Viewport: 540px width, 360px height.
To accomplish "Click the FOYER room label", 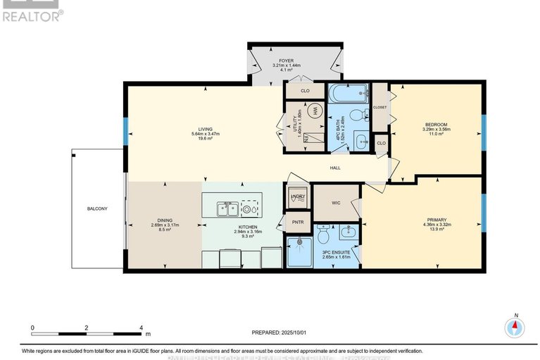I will (x=287, y=61).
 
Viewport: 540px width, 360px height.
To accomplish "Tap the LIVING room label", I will (x=205, y=129).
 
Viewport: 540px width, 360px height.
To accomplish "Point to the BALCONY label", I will (x=97, y=209).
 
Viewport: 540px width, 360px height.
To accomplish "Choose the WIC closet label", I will (x=336, y=203).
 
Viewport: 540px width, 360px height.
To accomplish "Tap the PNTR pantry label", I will (x=297, y=223).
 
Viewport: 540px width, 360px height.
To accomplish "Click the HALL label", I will (x=336, y=168).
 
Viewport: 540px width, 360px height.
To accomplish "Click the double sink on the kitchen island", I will (x=226, y=208).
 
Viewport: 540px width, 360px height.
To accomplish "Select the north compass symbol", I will (x=515, y=326).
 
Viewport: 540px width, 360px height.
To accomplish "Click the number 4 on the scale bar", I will (x=142, y=328).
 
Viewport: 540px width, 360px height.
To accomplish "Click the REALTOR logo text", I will (x=32, y=14).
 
